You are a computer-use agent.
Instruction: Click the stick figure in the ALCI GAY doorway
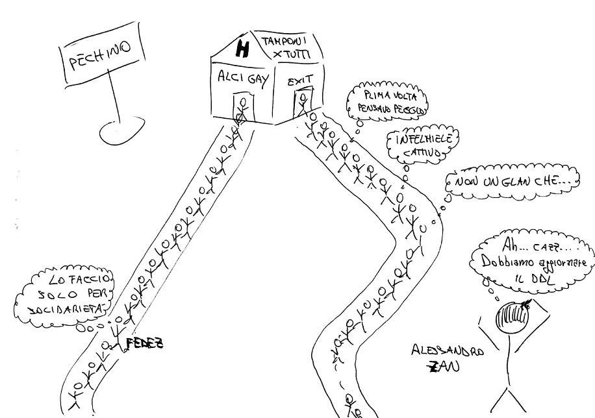242,108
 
